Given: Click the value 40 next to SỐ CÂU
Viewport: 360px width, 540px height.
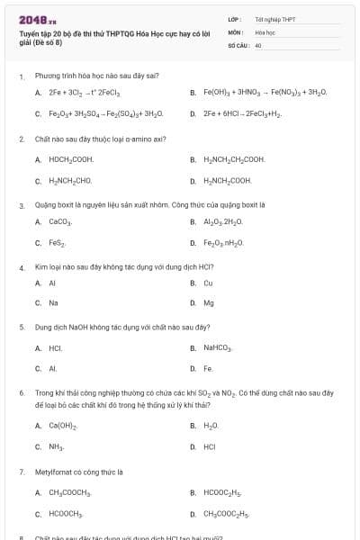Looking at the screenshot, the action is pyautogui.click(x=258, y=44).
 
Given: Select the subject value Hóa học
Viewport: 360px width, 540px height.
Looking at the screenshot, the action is pyautogui.click(x=264, y=31).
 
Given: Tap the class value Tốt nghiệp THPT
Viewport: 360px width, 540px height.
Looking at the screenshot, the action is pyautogui.click(x=274, y=19).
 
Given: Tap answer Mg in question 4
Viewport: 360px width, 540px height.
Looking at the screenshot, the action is pyautogui.click(x=209, y=302).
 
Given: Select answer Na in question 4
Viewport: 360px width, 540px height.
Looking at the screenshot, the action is pyautogui.click(x=54, y=302).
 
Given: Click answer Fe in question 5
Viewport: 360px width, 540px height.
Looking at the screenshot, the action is pyautogui.click(x=208, y=369).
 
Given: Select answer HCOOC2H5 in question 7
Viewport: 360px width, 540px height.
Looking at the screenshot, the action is pyautogui.click(x=224, y=492).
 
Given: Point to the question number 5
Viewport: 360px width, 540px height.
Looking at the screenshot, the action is pyautogui.click(x=22, y=328).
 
